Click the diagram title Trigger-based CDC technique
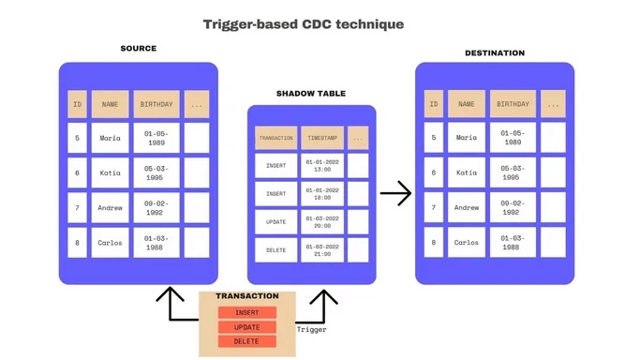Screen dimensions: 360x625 coord(304,23)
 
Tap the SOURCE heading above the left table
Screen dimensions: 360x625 coord(138,48)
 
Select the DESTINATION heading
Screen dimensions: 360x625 coord(494,52)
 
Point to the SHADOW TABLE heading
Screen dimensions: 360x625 coord(310,94)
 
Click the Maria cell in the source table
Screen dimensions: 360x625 coord(110,138)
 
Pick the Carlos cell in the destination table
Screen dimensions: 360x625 coord(466,242)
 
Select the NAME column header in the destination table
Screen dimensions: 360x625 coord(466,103)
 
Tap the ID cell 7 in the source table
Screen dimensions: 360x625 coord(77,207)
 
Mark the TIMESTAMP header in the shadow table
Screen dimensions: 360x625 coord(321,138)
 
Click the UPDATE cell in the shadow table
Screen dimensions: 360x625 coord(275,221)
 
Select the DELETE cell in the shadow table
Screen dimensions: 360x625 coord(275,249)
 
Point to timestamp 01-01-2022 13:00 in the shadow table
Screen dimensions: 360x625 coord(321,166)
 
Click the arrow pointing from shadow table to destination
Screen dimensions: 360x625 coord(396,194)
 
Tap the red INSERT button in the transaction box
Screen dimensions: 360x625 coord(246,312)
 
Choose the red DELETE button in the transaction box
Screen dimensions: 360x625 coord(246,341)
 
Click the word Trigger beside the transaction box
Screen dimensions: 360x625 coord(311,330)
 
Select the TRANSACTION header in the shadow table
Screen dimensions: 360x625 coord(275,138)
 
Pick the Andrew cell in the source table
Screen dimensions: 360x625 coord(110,207)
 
